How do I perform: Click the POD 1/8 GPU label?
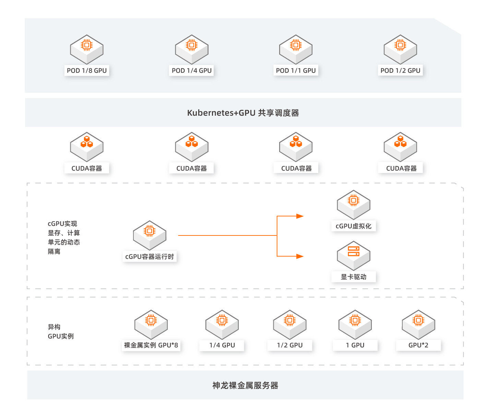click(87, 70)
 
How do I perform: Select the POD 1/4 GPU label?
click(191, 70)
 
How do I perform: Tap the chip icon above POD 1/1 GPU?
click(296, 45)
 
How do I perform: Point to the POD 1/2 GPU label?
click(400, 70)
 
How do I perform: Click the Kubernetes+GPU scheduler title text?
click(243, 113)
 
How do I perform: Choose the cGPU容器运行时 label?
click(150, 256)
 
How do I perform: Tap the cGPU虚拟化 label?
click(353, 226)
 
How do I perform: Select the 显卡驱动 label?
click(353, 277)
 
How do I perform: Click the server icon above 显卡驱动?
click(353, 251)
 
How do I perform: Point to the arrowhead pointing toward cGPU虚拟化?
click(300, 216)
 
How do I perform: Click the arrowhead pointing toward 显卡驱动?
click(300, 256)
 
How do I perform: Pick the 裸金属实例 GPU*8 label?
click(151, 345)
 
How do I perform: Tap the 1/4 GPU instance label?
click(222, 345)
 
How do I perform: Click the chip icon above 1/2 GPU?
click(289, 320)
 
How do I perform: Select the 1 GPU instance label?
click(355, 345)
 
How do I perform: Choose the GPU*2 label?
click(418, 345)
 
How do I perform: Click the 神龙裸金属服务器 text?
click(245, 385)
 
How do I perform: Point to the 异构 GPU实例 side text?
click(60, 332)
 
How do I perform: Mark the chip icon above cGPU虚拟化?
click(353, 200)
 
